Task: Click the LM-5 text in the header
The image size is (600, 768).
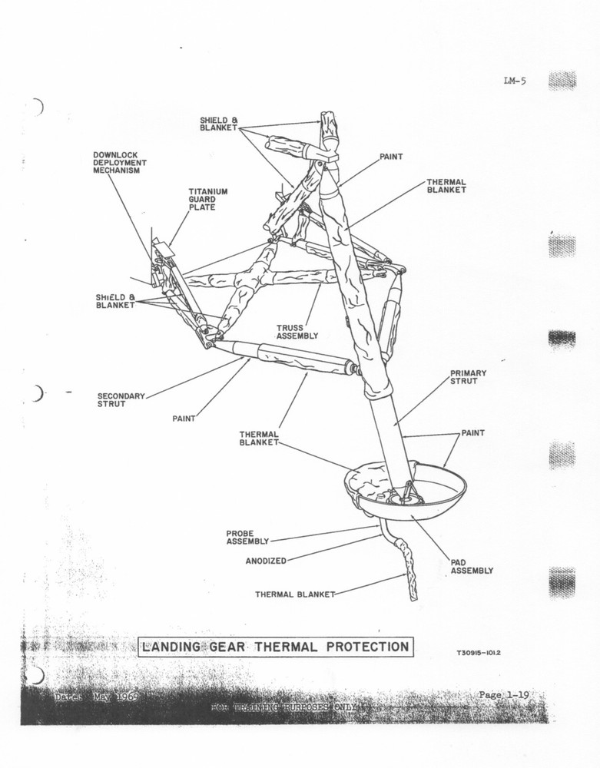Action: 514,81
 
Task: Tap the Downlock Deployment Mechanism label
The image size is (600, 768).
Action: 119,163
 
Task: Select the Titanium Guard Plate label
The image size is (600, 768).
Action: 208,199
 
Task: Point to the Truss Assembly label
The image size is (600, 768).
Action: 297,331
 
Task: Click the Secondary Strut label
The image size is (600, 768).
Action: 121,400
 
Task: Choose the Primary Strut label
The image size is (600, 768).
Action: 468,377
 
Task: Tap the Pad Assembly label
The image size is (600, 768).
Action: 471,567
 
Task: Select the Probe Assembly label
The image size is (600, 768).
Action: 247,537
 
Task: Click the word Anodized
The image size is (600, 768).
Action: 265,561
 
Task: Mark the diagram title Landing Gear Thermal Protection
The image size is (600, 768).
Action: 274,647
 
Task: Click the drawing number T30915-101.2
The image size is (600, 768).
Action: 484,654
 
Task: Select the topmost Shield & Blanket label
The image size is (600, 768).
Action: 219,124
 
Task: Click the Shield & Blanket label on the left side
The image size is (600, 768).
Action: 115,301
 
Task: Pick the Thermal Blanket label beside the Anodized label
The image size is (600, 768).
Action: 295,594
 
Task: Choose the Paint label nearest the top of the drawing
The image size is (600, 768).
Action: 391,157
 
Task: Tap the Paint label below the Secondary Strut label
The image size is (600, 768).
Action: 183,419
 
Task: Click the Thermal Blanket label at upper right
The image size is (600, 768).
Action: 446,186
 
